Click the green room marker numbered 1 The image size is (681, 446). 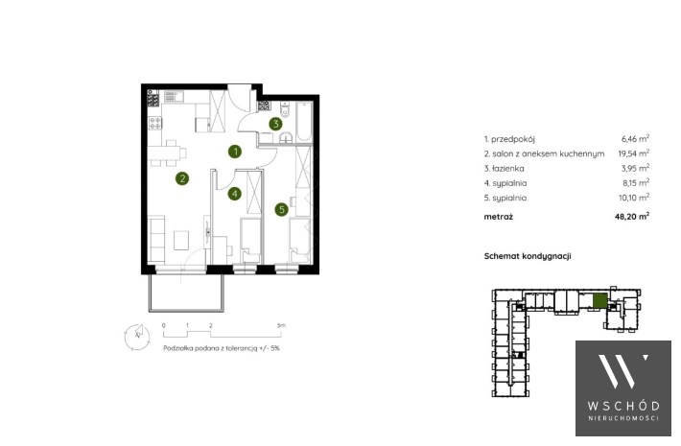click(x=235, y=152)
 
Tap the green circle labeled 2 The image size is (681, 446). click(x=182, y=178)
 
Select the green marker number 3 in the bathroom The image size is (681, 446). click(x=275, y=124)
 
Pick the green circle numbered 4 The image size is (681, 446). click(x=235, y=193)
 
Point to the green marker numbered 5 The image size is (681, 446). click(x=281, y=210)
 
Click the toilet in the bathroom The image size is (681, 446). click(x=285, y=109)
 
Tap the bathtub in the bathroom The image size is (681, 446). click(x=304, y=122)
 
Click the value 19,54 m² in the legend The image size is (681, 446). click(x=634, y=153)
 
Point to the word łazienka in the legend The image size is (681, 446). click(x=508, y=169)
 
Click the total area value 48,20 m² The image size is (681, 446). click(x=632, y=216)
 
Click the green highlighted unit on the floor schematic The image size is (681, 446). click(x=599, y=301)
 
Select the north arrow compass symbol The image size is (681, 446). click(x=137, y=337)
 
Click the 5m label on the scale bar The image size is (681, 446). click(x=281, y=325)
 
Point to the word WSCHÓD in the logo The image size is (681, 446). click(x=623, y=406)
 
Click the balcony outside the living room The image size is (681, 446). click(x=187, y=293)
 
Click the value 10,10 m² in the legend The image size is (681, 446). click(x=634, y=198)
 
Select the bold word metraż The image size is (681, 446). click(x=498, y=217)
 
